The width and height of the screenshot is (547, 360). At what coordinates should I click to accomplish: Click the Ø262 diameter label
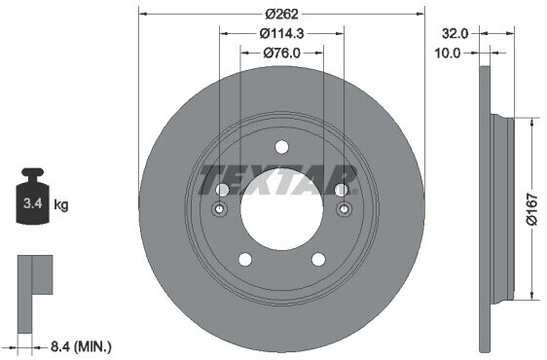click(x=281, y=14)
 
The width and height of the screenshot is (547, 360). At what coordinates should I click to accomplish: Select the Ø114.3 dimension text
click(x=282, y=33)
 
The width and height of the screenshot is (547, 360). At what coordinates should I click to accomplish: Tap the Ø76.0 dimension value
click(x=281, y=53)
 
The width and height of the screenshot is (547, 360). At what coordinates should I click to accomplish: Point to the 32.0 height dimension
click(x=455, y=33)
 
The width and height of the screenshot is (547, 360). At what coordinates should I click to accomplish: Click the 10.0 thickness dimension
click(x=447, y=53)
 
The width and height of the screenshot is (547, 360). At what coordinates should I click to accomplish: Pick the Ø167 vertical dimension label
click(x=532, y=209)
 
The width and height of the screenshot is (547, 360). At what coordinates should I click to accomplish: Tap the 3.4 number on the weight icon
click(x=33, y=203)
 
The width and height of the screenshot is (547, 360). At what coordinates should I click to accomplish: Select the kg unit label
click(x=61, y=204)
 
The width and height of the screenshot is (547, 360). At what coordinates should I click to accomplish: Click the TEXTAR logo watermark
click(x=278, y=180)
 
